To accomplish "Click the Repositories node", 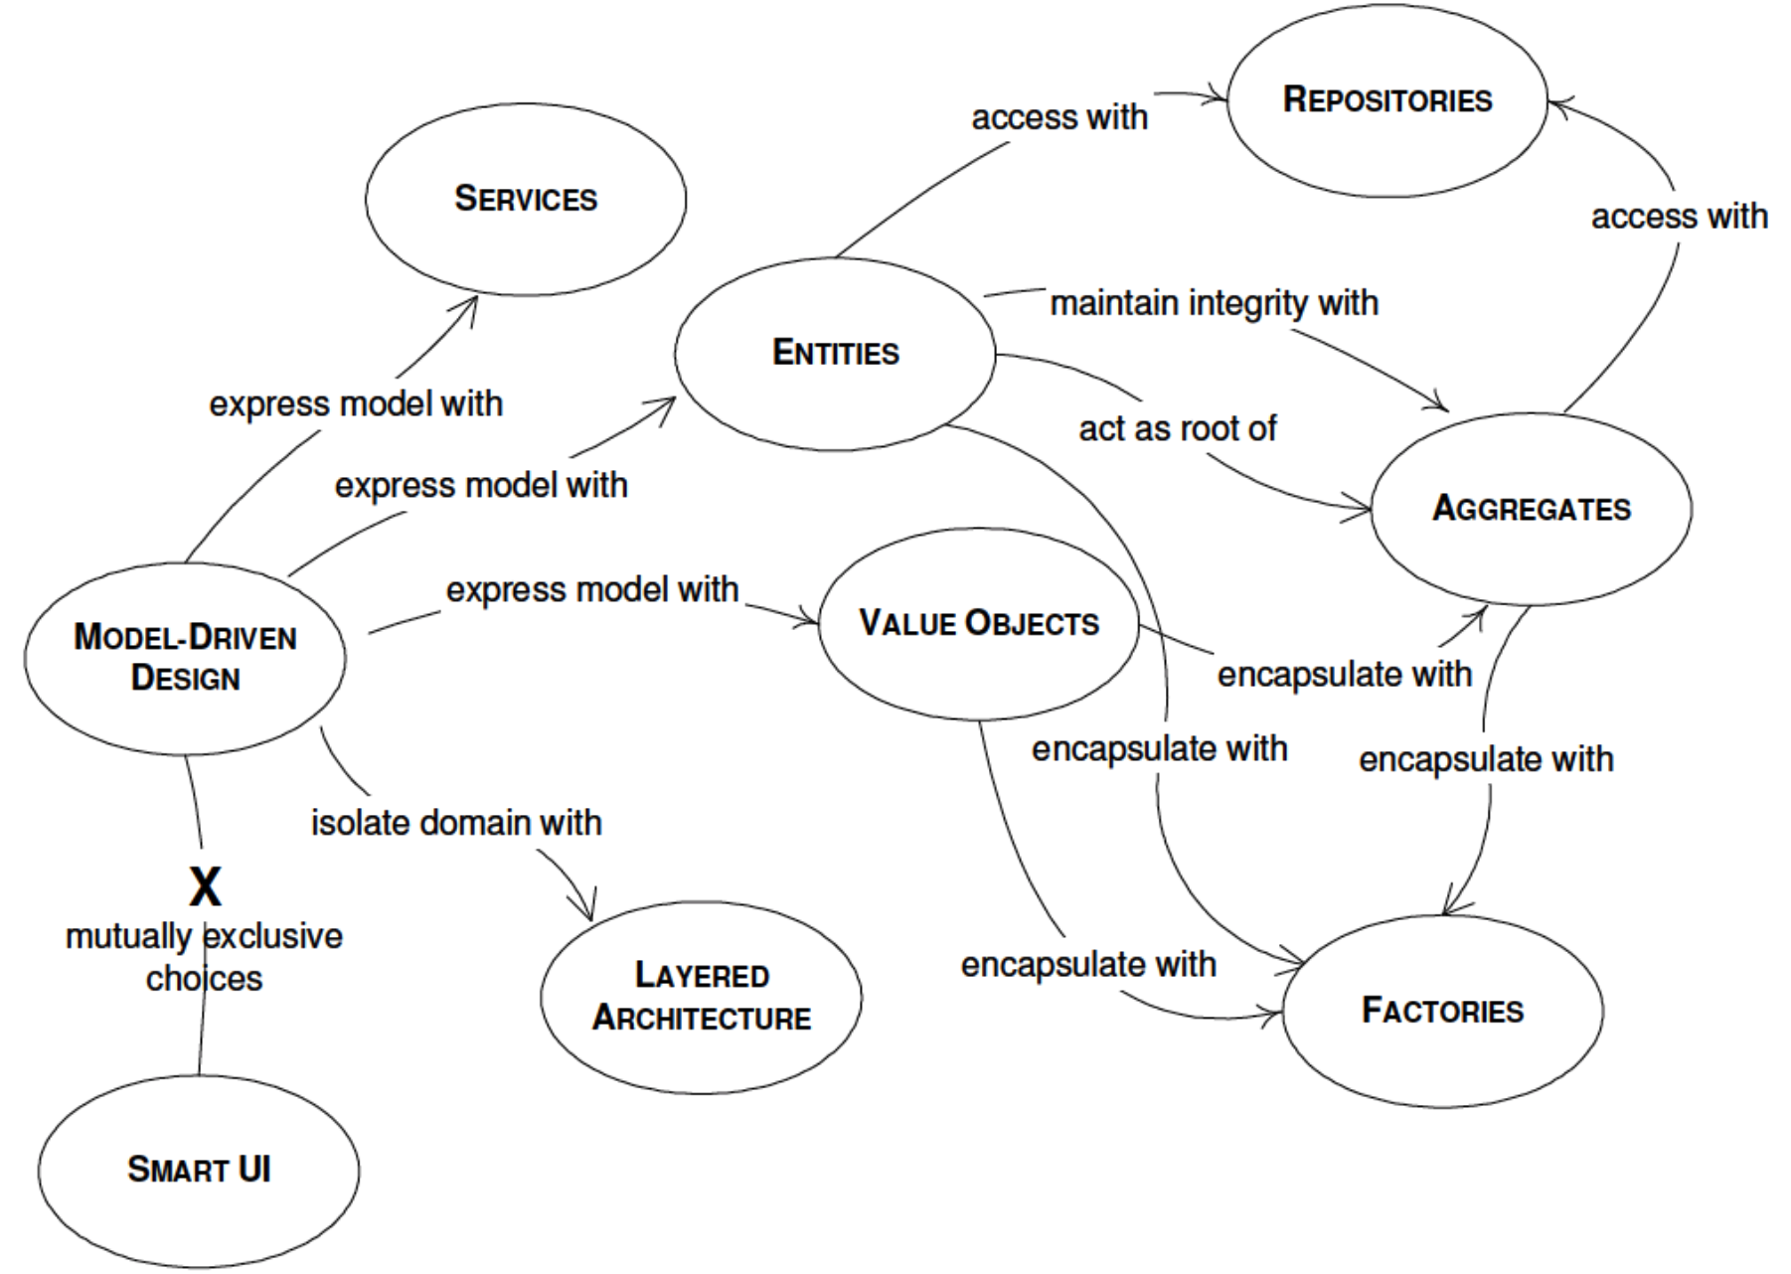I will (x=1386, y=99).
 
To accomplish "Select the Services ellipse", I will (x=526, y=199).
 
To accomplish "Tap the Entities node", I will (x=835, y=353).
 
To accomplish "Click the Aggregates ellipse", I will (x=1531, y=508).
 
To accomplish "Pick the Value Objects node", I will (x=978, y=623).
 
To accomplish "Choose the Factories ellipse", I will (x=1442, y=1010).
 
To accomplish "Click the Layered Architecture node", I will (x=702, y=997).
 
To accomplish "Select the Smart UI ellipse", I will (x=199, y=1169).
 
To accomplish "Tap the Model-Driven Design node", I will (x=185, y=658).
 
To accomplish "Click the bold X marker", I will (x=205, y=886).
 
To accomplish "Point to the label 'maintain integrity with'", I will (x=1214, y=302).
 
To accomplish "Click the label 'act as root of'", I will (x=1177, y=428).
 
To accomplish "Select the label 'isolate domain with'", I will (x=456, y=823).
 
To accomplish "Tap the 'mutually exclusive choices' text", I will (x=204, y=957).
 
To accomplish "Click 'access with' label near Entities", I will (x=1059, y=117).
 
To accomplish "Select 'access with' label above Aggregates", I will (x=1679, y=216).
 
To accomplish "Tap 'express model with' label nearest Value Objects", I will (x=592, y=589).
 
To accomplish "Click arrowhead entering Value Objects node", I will (x=811, y=622).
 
